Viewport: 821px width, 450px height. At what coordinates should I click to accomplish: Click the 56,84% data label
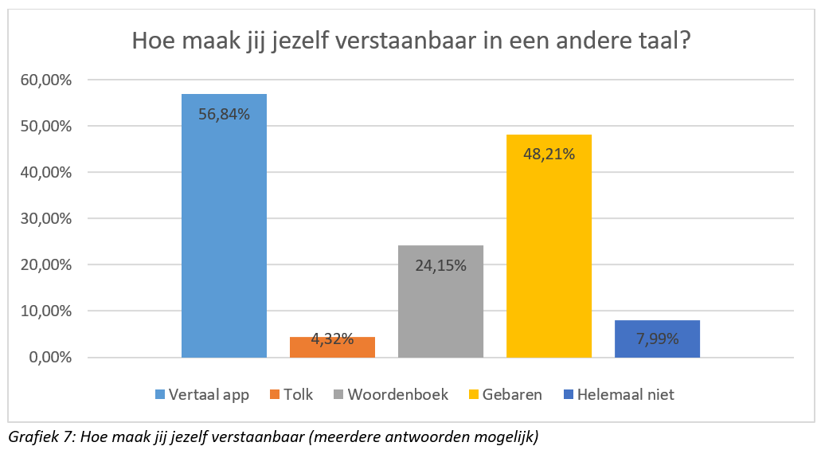click(224, 115)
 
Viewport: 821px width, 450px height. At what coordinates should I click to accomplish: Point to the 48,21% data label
click(549, 155)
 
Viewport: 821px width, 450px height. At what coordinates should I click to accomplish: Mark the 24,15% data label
click(440, 264)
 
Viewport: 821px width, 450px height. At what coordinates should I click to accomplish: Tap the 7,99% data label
click(657, 339)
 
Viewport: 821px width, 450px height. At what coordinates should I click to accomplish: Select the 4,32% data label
click(332, 339)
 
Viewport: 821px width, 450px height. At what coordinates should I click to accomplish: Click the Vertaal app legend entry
click(203, 394)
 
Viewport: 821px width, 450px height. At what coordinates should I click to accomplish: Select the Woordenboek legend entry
click(390, 394)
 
